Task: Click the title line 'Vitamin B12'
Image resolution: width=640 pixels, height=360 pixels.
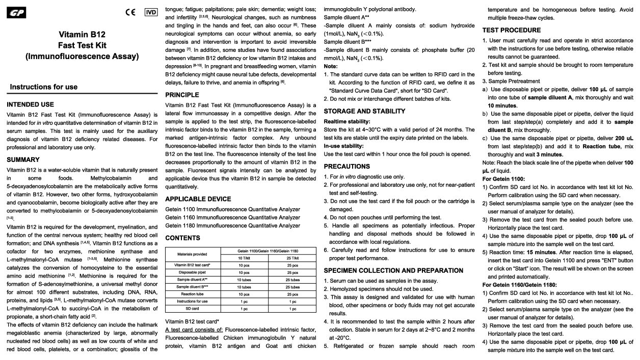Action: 82,35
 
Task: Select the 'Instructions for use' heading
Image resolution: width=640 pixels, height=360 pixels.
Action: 44,87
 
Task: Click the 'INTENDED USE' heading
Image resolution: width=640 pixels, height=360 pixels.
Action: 30,104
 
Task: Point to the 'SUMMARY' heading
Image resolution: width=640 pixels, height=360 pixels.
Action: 23,159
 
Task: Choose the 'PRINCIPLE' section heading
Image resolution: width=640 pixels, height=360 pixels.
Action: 182,95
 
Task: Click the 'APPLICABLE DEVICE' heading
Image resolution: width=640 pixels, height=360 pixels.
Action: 198,199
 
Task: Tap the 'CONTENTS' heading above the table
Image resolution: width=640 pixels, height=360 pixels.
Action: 183,238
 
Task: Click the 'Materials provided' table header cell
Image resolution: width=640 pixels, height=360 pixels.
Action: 193,254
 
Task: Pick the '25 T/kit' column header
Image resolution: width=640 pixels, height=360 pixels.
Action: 292,258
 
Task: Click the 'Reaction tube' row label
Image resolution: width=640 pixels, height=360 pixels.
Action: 193,294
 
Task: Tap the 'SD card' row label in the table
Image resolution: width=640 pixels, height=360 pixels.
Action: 193,309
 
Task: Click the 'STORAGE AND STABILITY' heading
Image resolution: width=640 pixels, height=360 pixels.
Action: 364,111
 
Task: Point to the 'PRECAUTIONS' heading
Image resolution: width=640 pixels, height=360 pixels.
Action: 347,166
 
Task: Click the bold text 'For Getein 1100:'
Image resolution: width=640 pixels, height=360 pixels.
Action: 503,179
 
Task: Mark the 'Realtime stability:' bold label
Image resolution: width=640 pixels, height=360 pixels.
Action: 347,122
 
